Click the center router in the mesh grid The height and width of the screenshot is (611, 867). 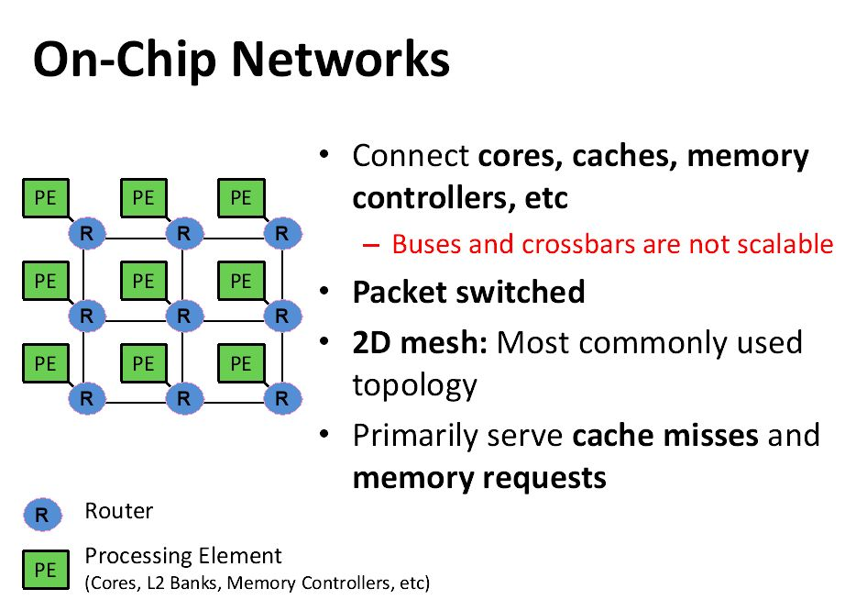tap(183, 316)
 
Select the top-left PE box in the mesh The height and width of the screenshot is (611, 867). tap(45, 197)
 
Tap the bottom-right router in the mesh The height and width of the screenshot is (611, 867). tap(281, 398)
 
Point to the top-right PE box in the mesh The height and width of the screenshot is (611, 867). tap(241, 197)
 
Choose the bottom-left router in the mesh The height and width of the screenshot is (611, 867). tap(86, 398)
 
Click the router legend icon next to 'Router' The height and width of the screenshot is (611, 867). tap(42, 515)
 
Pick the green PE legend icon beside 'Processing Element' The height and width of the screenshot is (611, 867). tap(45, 570)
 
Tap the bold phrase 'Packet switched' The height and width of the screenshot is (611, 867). tap(468, 293)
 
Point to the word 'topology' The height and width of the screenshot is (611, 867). tap(414, 385)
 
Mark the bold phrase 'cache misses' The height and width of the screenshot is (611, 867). tap(664, 434)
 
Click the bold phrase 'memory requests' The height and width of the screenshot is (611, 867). tap(478, 478)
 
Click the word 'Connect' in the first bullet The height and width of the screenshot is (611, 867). tap(410, 156)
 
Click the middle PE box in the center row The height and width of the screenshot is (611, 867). tap(143, 281)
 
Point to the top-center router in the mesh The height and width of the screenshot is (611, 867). tap(183, 233)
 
